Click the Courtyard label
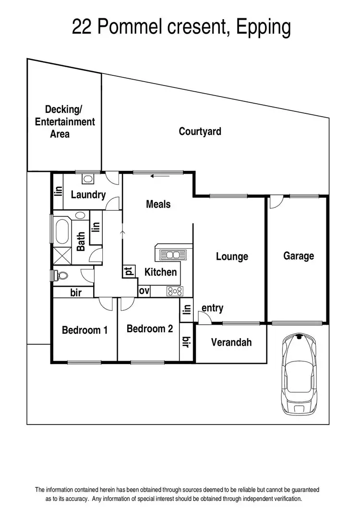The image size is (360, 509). coord(200,131)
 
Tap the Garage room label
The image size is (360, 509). coord(298,256)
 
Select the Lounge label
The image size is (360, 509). coord(232,256)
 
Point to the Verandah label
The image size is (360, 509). coord(231,342)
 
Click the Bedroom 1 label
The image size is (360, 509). coord(84,330)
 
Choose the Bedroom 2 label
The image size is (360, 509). coord(149,329)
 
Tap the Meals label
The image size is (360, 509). coord(158,204)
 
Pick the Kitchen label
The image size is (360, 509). coord(160,272)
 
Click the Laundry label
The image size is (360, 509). coord(88,194)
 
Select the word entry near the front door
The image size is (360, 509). coord(212,308)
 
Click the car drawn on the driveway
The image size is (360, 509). coord(299,374)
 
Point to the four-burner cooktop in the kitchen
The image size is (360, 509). coord(174,291)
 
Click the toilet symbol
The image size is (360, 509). coord(61,276)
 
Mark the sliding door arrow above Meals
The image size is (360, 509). coord(159,176)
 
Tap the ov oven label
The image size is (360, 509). coord(144,291)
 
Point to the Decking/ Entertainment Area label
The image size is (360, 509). coord(65,122)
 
